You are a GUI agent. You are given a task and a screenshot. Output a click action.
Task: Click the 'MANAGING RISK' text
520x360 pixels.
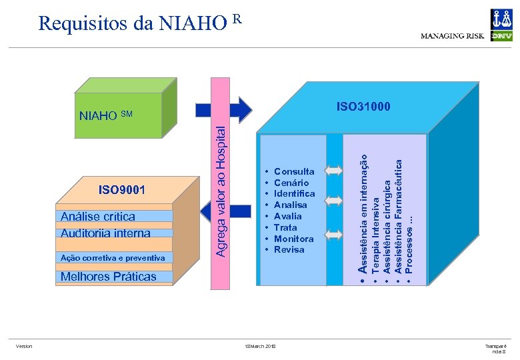(453, 36)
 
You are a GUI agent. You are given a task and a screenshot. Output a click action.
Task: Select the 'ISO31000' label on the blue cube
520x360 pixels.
(363, 107)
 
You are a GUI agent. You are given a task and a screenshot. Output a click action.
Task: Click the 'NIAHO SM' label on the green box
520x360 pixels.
(106, 115)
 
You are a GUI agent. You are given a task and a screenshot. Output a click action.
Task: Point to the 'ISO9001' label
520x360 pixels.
(122, 190)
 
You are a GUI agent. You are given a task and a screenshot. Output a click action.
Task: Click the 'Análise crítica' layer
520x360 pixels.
(97, 216)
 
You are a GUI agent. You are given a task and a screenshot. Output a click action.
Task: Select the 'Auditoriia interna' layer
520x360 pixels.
(105, 233)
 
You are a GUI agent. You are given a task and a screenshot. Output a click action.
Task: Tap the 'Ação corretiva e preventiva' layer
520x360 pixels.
(112, 257)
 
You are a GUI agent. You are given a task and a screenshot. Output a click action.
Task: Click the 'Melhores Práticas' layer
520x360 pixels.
(108, 277)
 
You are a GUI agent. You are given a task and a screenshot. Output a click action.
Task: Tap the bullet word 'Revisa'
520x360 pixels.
(289, 249)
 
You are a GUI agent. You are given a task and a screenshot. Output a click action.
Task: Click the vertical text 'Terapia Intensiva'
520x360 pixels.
(376, 232)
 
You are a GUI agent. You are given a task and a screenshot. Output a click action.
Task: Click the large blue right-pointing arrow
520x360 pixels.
(223, 109)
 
